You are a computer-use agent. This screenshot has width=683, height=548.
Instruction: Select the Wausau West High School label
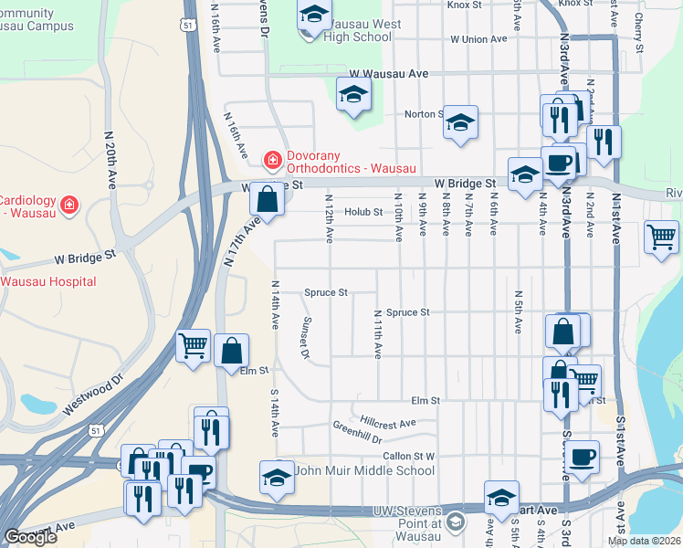coord(347,28)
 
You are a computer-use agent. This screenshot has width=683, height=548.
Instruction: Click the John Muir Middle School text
coord(365,471)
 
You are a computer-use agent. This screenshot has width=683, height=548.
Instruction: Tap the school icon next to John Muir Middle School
coord(277,478)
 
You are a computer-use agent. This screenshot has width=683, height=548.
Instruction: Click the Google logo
coord(30,537)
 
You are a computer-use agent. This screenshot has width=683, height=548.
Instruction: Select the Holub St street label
coord(363,212)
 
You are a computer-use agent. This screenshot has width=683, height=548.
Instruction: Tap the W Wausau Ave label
coord(389,73)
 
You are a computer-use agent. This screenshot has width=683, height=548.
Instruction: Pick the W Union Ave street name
coord(478,39)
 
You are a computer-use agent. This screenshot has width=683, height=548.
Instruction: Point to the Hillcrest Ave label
coord(387,423)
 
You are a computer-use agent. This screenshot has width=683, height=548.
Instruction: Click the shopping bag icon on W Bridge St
coord(265,198)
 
